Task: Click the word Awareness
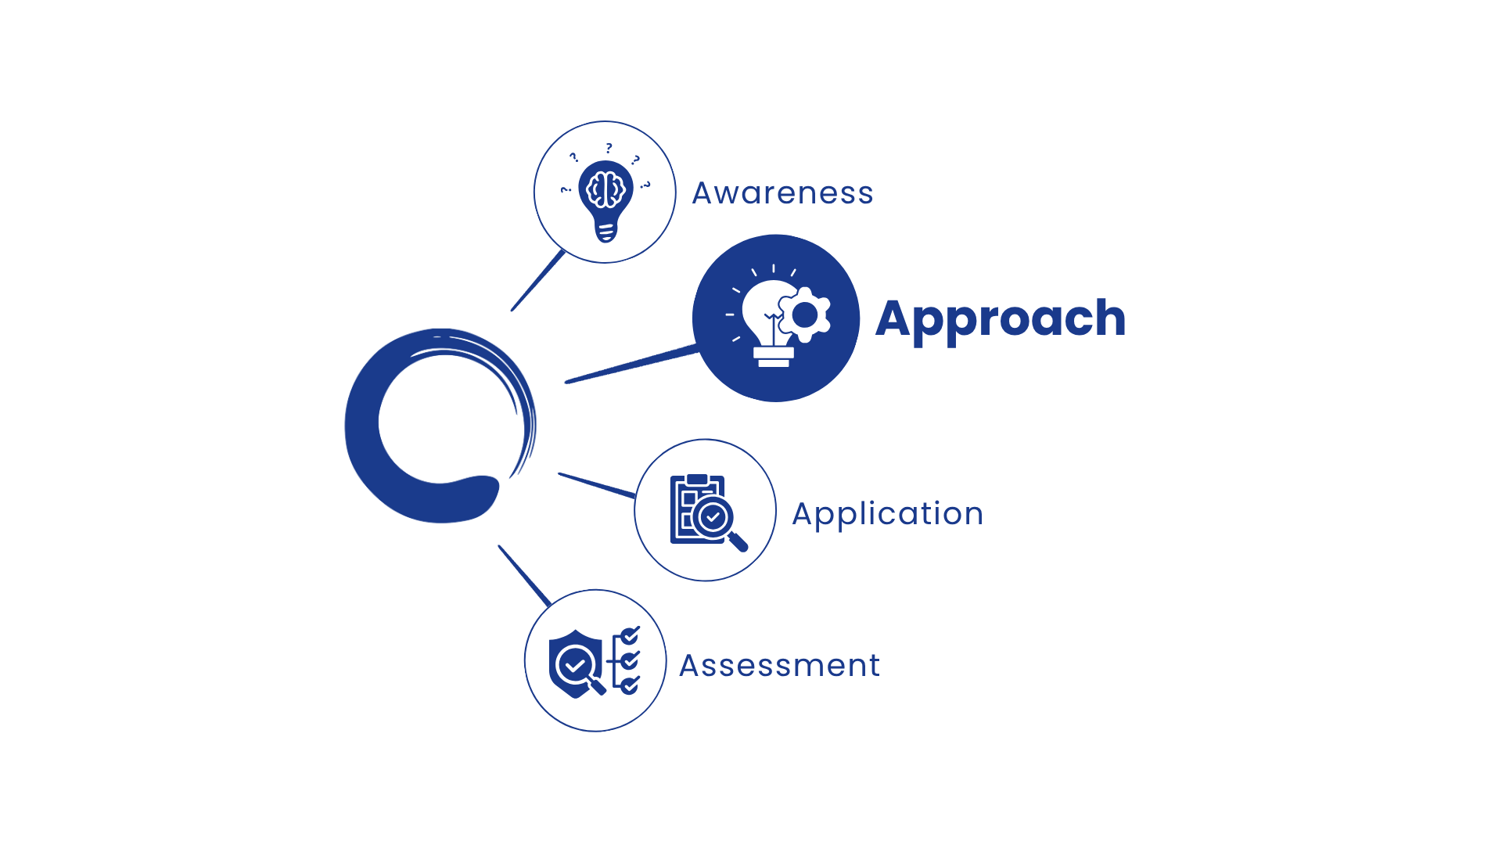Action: (782, 192)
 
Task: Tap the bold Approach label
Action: (1001, 319)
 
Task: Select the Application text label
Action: (887, 515)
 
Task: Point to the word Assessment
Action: (779, 666)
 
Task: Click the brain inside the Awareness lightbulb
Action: (605, 189)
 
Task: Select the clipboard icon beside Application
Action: (698, 509)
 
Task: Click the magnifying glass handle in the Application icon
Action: (738, 541)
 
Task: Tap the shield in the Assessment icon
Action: (576, 663)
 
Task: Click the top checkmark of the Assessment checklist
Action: (631, 635)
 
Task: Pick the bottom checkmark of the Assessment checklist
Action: (630, 686)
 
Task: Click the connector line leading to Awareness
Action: (538, 280)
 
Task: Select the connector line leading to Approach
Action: (631, 364)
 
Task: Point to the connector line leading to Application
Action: (597, 485)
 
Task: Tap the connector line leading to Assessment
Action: (525, 576)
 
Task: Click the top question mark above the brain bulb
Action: (609, 148)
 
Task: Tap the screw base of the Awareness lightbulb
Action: (605, 232)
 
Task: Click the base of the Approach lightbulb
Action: (774, 357)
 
